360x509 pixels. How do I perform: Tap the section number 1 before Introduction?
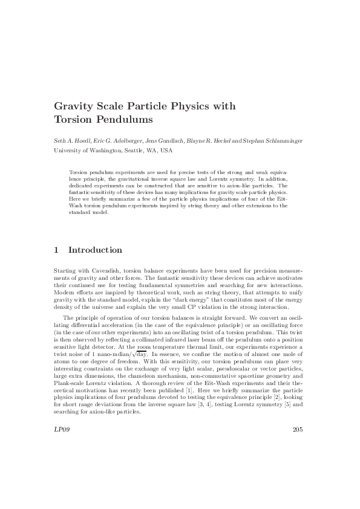[x=56, y=250]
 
